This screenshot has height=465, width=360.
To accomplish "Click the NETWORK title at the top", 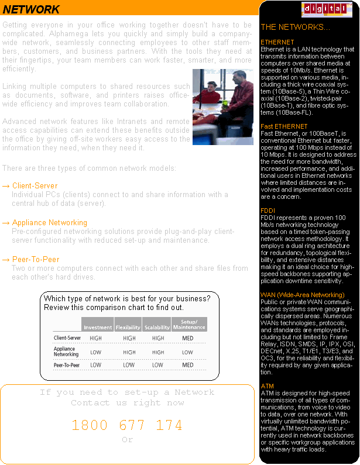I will pos(32,9).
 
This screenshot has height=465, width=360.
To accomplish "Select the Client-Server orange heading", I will pos(35,186).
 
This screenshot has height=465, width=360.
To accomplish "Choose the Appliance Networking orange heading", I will pos(49,223).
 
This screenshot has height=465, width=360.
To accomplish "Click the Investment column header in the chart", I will pos(97,327).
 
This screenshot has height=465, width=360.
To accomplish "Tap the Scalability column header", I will pos(157,327).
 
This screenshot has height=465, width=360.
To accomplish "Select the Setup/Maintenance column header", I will pos(188,324).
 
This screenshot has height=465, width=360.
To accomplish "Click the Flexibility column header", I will pos(128,327).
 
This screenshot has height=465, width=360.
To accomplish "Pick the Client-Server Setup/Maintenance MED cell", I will pos(188,338).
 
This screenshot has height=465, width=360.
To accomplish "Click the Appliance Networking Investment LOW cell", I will pos(96,352).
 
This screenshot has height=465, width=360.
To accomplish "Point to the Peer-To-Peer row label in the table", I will pos(66,365).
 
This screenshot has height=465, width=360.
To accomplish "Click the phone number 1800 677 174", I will pos(127,425).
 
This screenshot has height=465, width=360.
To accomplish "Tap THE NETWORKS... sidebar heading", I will pos(295,27).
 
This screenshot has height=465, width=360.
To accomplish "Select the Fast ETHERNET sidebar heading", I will pos(284,126).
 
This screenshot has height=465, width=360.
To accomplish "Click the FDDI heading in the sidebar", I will pos(268,210).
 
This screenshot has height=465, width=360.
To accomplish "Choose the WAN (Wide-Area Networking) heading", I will pos(302,295).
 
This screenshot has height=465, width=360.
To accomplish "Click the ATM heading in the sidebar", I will pos(267,386).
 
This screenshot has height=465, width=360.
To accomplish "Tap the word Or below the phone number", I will pos(127,440).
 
